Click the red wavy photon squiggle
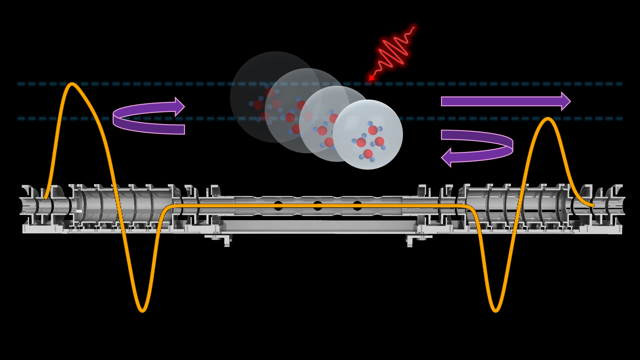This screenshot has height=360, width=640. [x=393, y=50]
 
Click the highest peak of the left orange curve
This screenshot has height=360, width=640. [x=72, y=84]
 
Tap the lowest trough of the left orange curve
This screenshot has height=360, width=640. [x=142, y=311]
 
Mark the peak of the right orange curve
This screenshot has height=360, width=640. [x=548, y=119]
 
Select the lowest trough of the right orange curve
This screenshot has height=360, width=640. [x=495, y=311]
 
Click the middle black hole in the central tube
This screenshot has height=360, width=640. [x=318, y=205]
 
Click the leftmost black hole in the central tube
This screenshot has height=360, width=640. [x=278, y=205]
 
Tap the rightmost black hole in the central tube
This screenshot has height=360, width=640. [x=357, y=205]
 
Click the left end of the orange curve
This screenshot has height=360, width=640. [x=45, y=198]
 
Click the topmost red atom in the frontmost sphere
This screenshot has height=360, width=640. [x=373, y=129]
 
